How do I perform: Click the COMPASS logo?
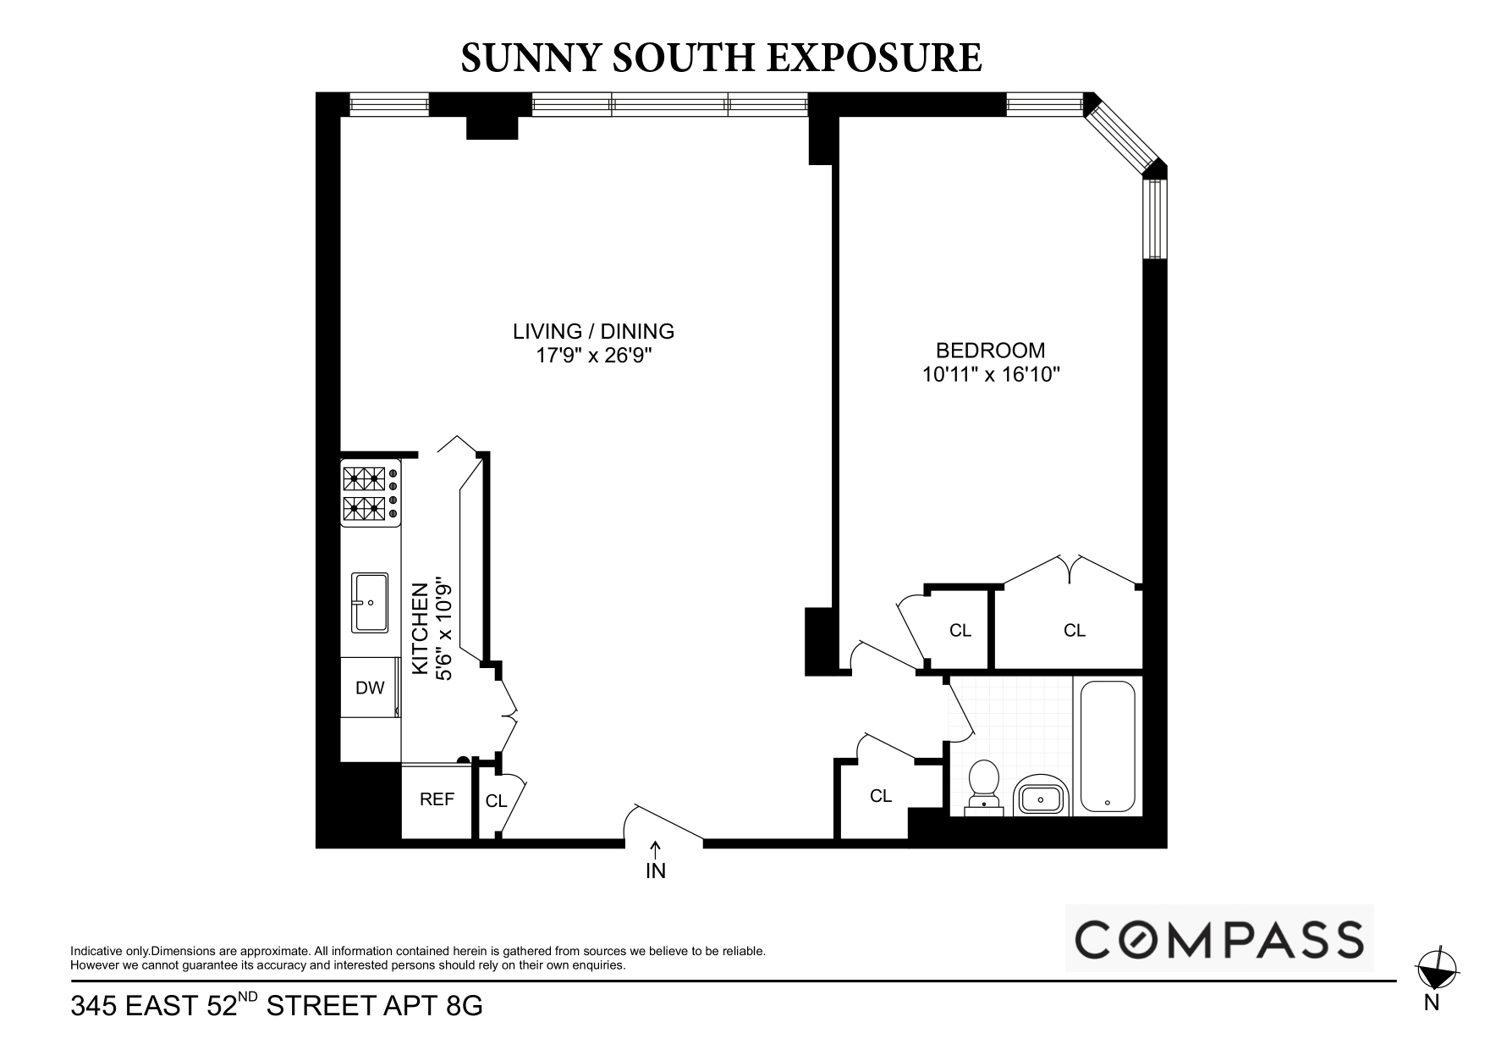[1218, 939]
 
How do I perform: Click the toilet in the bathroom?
[984, 786]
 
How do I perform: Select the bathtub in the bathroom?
[1108, 746]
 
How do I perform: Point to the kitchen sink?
[370, 602]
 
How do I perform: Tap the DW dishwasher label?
[370, 688]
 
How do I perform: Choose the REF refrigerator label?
[437, 799]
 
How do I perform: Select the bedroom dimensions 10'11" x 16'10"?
[991, 374]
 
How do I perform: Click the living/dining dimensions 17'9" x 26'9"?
[594, 356]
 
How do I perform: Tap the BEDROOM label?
[990, 350]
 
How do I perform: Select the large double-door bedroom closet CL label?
[1075, 630]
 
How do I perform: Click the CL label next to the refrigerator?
[496, 801]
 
